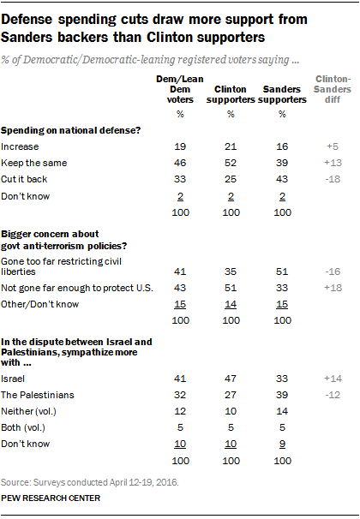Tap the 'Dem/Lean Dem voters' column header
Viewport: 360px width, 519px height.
click(x=179, y=89)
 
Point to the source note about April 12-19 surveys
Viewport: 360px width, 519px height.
click(x=90, y=480)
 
